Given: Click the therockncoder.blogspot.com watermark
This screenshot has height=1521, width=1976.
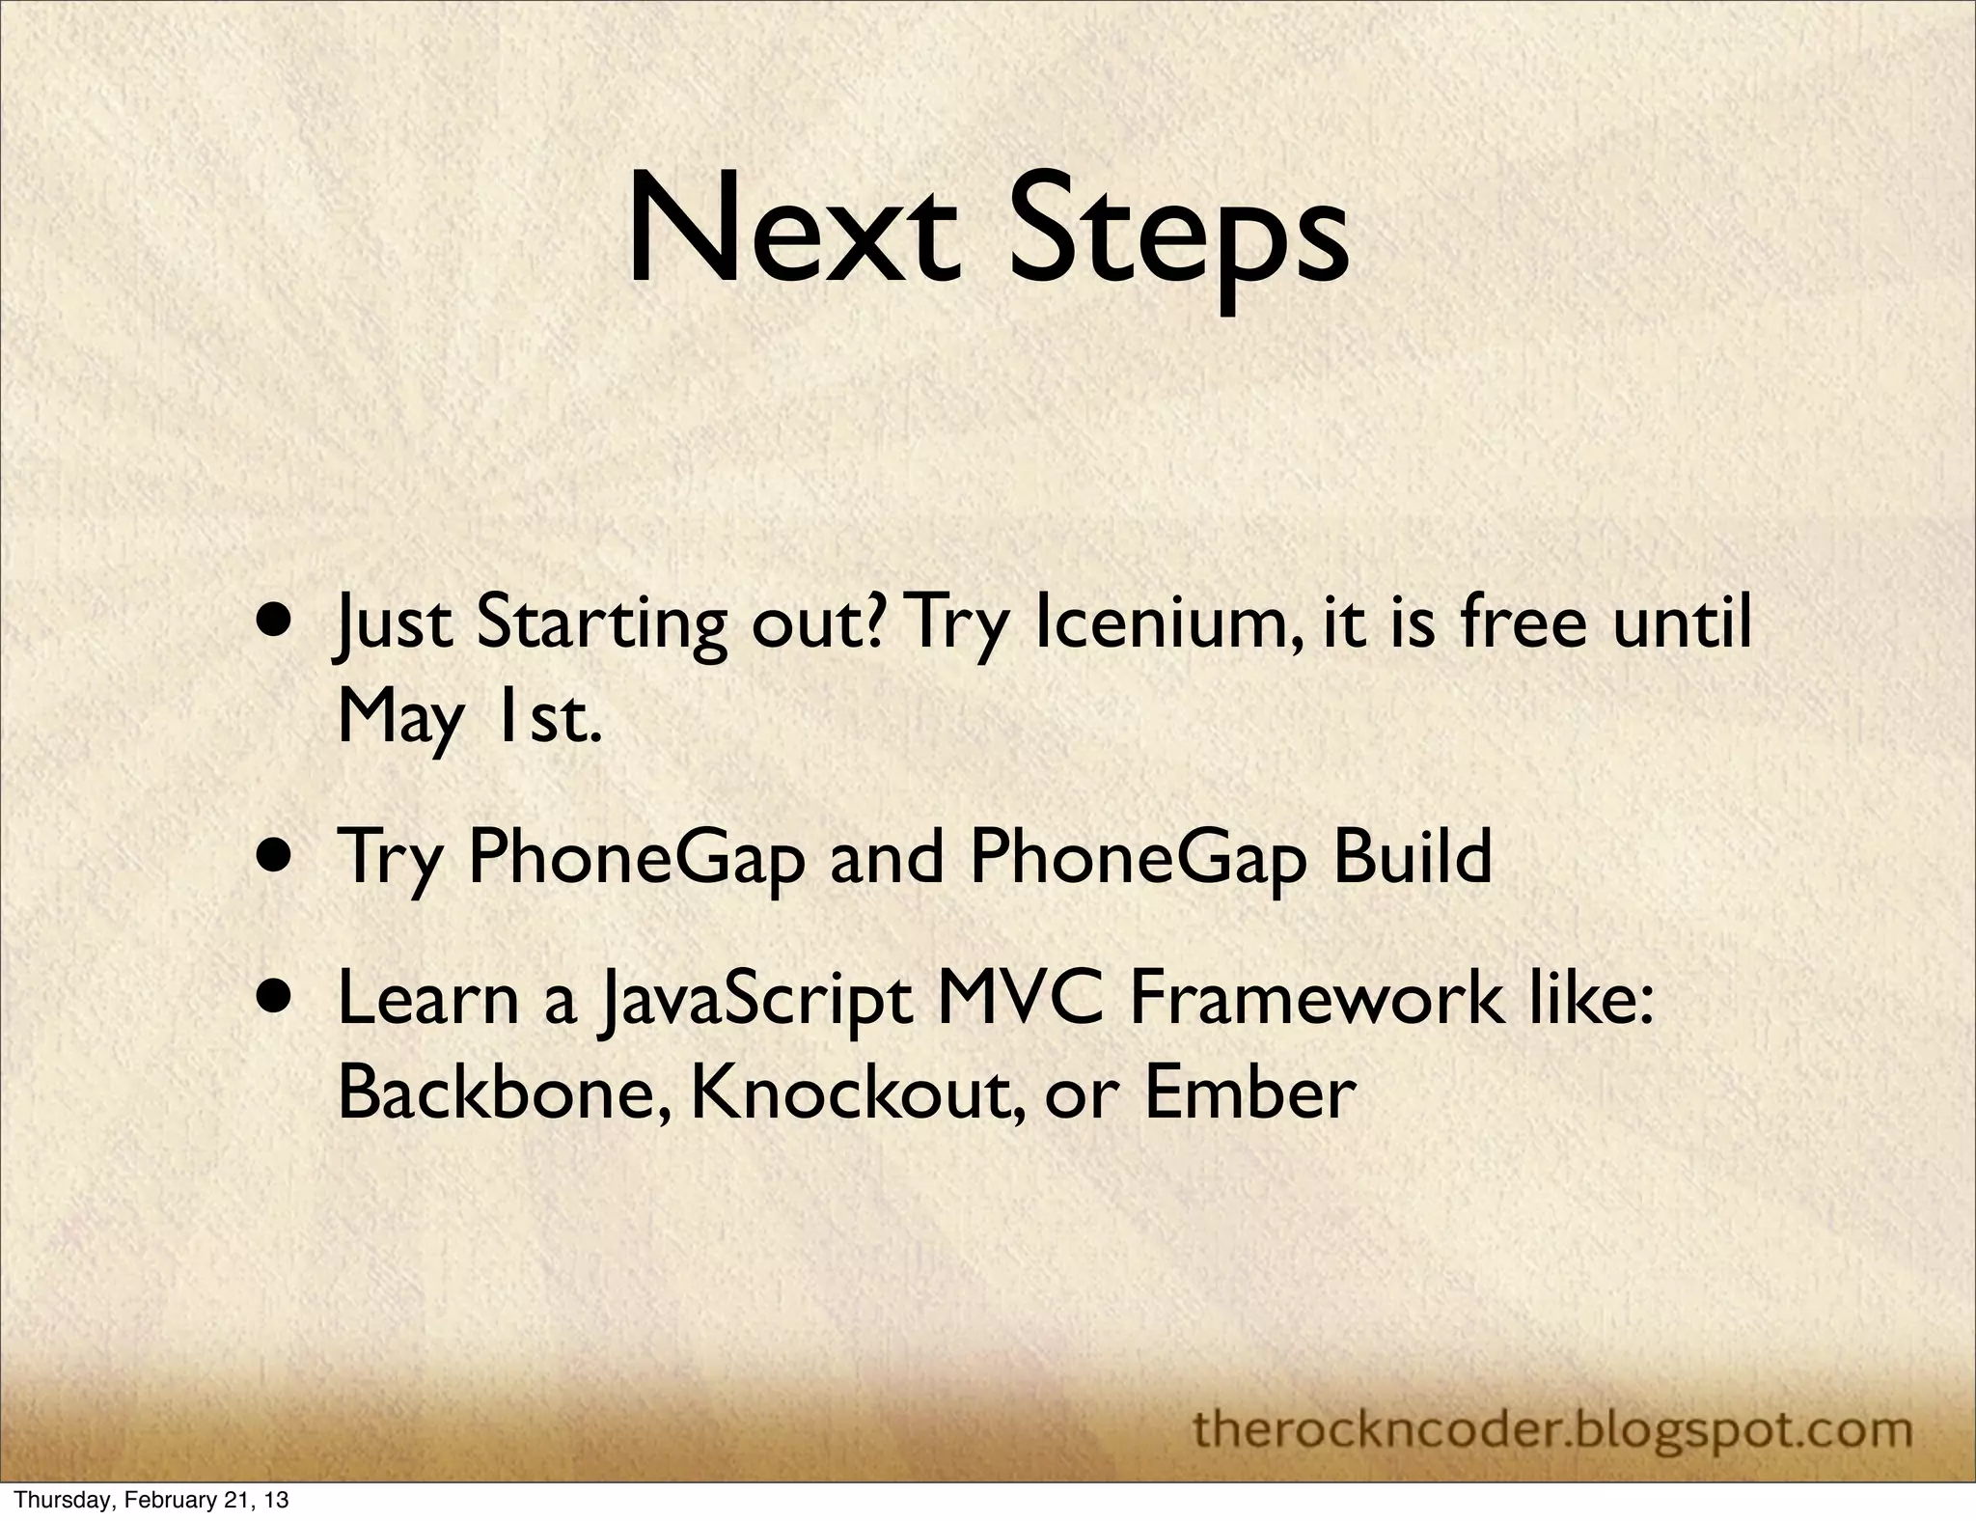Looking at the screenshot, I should point(1552,1429).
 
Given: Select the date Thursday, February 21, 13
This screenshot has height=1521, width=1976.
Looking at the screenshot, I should point(152,1499).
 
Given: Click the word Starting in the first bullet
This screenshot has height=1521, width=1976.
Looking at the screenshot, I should point(600,625).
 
